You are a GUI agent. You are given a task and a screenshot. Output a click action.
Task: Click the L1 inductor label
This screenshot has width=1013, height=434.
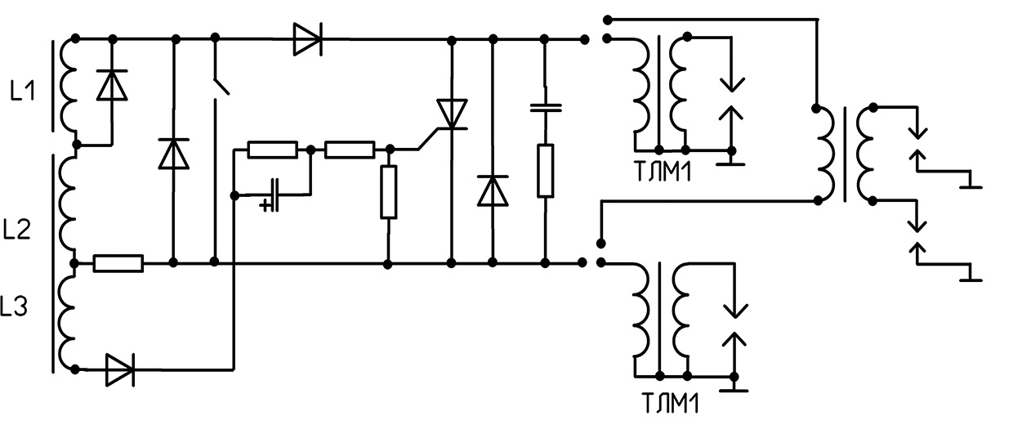coord(23,92)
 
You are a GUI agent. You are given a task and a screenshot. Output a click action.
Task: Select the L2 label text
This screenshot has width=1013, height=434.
coord(16,229)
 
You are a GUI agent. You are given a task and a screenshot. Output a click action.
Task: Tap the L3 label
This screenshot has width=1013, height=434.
coord(14,306)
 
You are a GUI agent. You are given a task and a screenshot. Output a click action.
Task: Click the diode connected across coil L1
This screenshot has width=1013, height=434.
coord(112,85)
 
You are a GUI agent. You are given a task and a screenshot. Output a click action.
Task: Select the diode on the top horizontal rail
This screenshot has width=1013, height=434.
coord(308,39)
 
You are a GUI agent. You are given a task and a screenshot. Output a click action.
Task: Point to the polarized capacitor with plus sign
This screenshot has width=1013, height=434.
coord(272,195)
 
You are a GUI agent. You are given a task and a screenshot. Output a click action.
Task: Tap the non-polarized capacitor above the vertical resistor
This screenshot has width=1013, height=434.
coord(546,108)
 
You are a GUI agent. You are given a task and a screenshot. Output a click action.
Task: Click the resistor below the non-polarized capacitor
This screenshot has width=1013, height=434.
coord(546,171)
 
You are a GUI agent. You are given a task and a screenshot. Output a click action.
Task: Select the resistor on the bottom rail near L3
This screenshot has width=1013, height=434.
coord(118,263)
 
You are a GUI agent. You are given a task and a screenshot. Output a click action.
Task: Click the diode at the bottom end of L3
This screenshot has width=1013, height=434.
coord(120,370)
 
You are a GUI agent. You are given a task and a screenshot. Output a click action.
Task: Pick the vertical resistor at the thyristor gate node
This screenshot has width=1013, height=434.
coord(389,192)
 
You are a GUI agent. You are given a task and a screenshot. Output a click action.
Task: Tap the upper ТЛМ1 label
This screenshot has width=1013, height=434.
coord(663,172)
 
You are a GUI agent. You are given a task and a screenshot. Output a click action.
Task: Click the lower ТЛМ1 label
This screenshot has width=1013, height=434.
coord(670,404)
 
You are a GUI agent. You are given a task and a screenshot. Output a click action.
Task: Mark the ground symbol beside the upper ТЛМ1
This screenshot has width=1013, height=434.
coord(731,162)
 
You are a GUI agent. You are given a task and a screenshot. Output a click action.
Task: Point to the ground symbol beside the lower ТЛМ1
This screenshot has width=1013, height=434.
coord(734,387)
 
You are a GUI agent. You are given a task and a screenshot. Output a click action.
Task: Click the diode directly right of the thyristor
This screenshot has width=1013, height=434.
coord(493,190)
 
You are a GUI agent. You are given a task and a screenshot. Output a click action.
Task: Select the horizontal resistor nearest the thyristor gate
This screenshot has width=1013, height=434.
coord(350,150)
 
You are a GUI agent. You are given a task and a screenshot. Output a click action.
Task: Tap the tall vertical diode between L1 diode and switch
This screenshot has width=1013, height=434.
coord(174,154)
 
